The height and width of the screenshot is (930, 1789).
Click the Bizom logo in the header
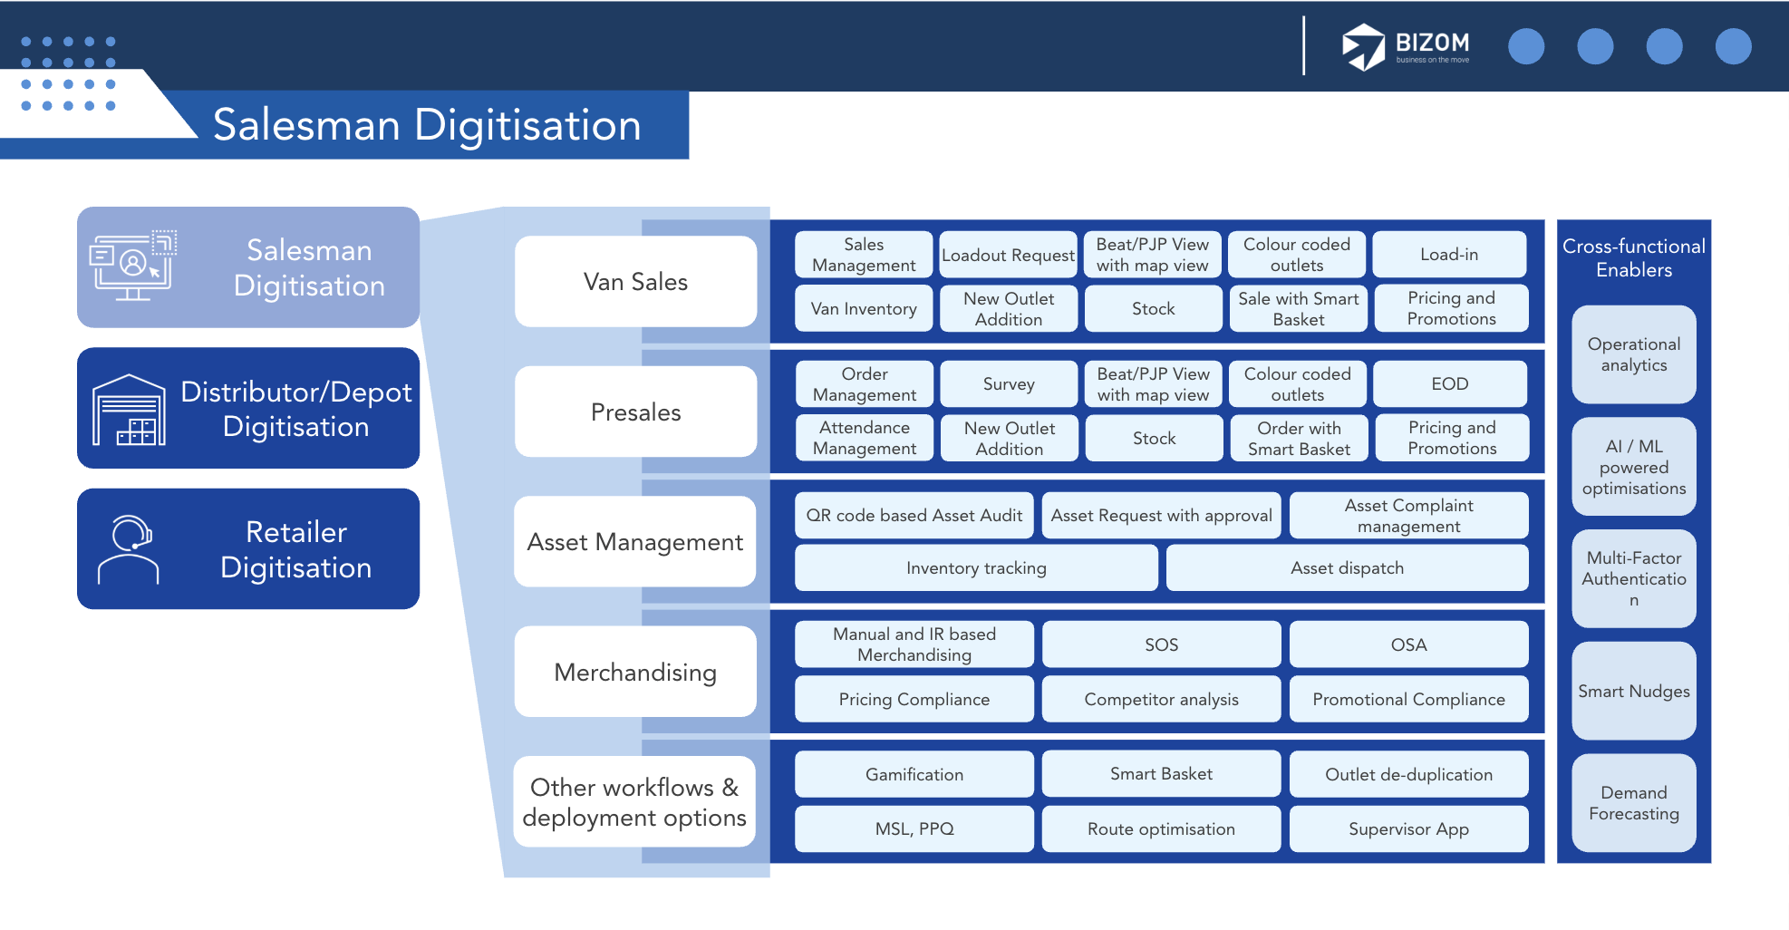[x=1405, y=46]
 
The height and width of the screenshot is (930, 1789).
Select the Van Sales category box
[x=635, y=282]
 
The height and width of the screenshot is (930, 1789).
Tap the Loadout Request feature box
[x=1008, y=255]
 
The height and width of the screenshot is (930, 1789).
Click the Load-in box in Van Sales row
[x=1449, y=255]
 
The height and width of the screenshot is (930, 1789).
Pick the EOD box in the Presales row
[x=1449, y=384]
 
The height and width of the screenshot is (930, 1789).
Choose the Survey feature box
[x=1009, y=384]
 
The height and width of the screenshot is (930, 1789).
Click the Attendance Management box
[x=864, y=438]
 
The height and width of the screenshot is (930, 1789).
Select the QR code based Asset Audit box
[x=914, y=516]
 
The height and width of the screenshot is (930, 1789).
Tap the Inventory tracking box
[x=976, y=568]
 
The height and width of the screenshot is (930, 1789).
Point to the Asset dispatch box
[x=1347, y=568]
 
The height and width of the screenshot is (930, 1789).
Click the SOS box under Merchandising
[x=1161, y=644]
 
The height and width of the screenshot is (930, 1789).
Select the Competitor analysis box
[x=1161, y=700]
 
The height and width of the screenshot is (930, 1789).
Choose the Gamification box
[x=914, y=775]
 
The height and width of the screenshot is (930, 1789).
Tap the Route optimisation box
[x=1161, y=829]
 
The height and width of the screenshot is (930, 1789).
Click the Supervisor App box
[x=1408, y=829]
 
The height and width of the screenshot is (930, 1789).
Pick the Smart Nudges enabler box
[x=1633, y=692]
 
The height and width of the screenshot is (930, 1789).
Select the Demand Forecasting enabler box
[x=1633, y=803]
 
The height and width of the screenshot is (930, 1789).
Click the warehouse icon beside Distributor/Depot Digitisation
[x=129, y=410]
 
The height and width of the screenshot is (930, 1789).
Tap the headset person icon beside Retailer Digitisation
[x=129, y=549]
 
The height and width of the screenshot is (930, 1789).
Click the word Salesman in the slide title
[x=306, y=125]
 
